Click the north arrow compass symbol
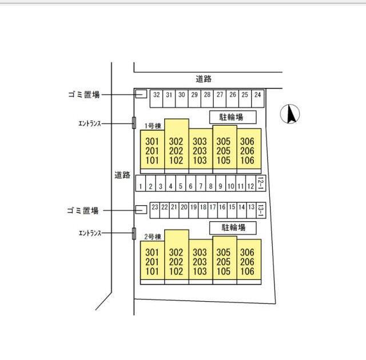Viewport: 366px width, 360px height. [x=291, y=115]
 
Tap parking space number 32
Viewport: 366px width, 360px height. [x=156, y=95]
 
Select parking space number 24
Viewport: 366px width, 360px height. [x=257, y=95]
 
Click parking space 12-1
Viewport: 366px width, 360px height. [x=260, y=183]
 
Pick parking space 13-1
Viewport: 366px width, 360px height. [x=260, y=210]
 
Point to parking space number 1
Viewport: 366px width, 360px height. [x=140, y=186]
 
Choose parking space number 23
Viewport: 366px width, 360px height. [x=154, y=207]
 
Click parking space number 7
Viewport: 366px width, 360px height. [x=201, y=186]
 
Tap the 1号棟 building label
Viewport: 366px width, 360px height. [x=152, y=126]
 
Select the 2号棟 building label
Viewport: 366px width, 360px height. [x=153, y=236]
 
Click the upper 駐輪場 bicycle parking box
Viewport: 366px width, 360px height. [x=232, y=117]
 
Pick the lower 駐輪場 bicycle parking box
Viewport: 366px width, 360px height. [x=232, y=227]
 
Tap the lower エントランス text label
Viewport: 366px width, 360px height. [x=90, y=233]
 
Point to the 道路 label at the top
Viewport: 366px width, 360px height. [x=203, y=79]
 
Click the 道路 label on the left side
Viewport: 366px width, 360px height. [x=122, y=175]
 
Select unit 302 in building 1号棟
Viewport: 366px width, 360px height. [x=176, y=142]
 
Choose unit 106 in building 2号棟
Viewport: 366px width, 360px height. [x=247, y=271]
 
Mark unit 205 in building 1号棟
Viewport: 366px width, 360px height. [x=223, y=151]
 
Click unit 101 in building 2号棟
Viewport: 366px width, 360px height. [x=152, y=271]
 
